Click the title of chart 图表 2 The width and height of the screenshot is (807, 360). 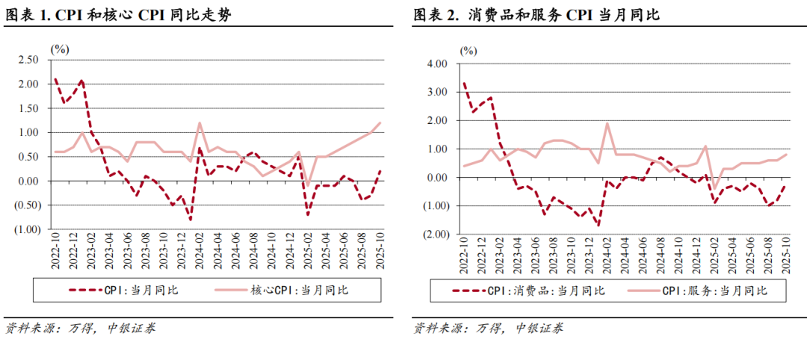536,14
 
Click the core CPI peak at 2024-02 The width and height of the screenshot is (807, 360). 200,122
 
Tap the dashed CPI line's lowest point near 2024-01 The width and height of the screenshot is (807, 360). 191,220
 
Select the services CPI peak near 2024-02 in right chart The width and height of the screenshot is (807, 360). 607,123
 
